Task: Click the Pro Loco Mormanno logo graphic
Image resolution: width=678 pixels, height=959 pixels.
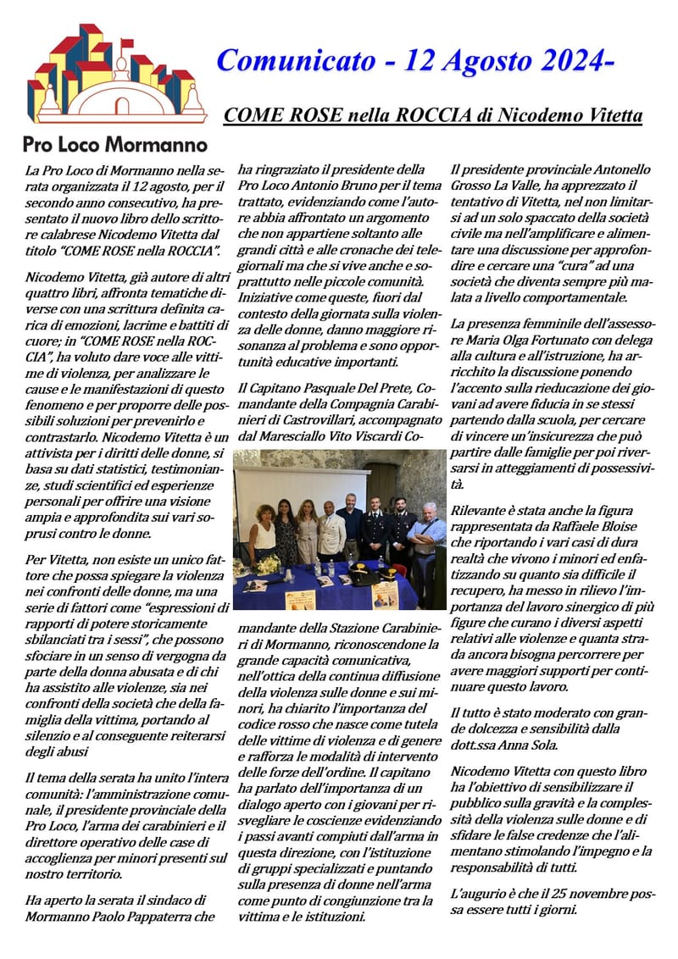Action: [x=116, y=74]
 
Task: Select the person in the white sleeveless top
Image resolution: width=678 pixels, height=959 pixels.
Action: [x=264, y=534]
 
